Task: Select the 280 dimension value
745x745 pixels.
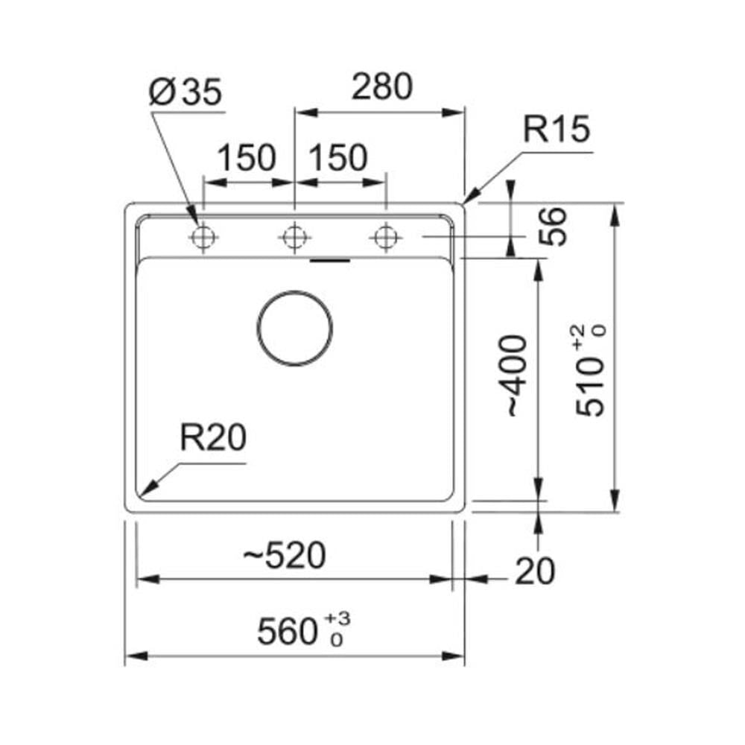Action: [382, 86]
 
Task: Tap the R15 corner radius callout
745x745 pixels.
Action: [557, 128]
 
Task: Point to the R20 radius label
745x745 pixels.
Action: [213, 437]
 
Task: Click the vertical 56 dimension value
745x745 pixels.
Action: [554, 226]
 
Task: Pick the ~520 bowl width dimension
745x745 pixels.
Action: [284, 555]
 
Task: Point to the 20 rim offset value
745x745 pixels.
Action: [535, 571]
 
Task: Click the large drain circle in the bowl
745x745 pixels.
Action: [294, 291]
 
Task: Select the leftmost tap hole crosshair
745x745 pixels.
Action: [203, 237]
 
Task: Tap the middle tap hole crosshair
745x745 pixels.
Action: [294, 237]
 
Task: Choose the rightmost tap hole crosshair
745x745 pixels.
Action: [386, 237]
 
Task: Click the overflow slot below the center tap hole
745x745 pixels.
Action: [330, 260]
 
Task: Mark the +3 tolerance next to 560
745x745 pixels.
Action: [337, 618]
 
